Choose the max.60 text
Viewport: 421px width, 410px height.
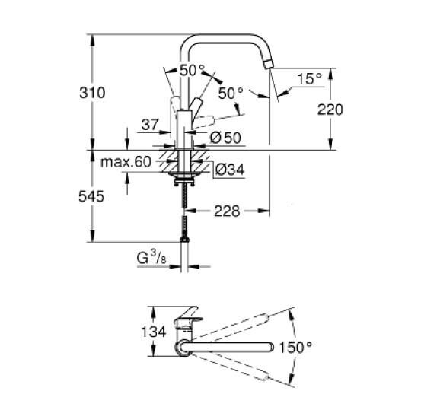coord(126,162)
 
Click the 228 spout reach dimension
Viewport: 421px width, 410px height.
coord(225,211)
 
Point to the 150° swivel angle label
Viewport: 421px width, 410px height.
coord(296,348)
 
